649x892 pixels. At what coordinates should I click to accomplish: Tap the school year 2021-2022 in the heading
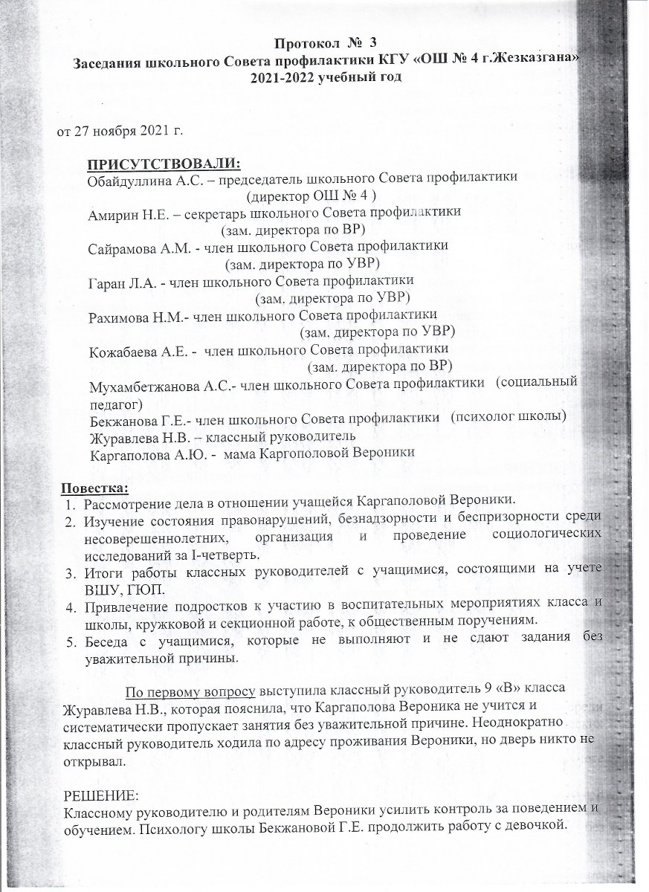click(286, 79)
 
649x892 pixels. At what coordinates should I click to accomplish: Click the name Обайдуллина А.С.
click(139, 179)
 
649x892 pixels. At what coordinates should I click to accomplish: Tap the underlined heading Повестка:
click(94, 488)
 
